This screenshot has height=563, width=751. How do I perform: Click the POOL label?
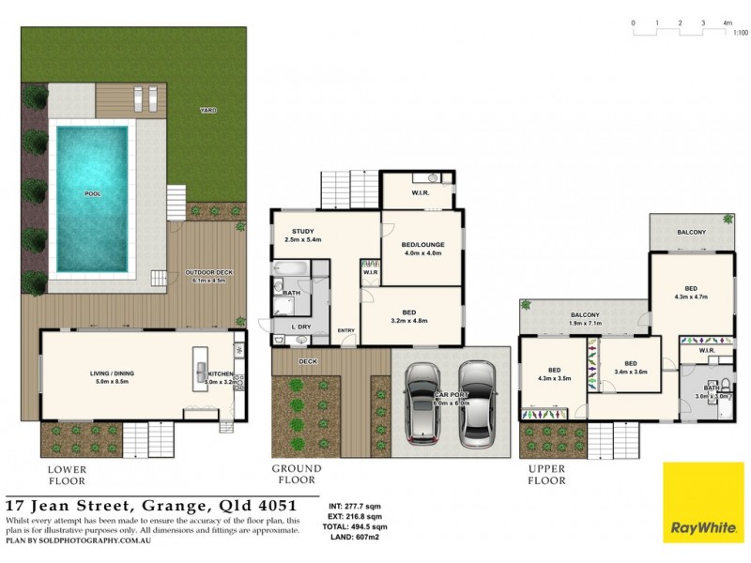click(x=91, y=194)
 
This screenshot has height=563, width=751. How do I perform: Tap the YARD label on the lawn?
click(x=207, y=111)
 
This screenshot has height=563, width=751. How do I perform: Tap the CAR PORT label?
click(x=448, y=397)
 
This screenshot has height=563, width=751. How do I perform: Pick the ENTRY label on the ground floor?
click(x=346, y=330)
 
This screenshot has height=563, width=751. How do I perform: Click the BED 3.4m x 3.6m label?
click(x=630, y=368)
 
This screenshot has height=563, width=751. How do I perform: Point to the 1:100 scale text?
click(x=740, y=33)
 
